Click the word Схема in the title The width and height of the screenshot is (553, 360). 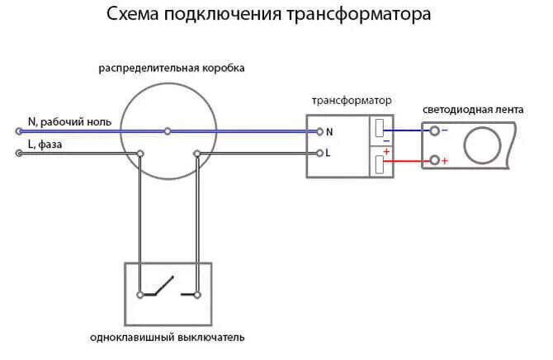133,16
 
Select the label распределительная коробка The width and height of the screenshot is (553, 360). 172,68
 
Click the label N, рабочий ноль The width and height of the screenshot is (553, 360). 69,121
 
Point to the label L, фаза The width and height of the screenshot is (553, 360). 45,144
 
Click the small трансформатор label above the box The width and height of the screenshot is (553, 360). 352,100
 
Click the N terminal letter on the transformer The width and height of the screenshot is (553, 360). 329,131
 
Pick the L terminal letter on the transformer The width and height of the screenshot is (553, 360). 328,153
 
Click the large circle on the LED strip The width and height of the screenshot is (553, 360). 483,146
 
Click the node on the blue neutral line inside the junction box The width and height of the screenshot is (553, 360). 168,130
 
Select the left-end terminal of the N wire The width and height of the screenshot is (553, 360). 18,130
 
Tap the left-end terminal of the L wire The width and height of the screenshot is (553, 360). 18,153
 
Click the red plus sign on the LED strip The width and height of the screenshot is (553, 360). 445,161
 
